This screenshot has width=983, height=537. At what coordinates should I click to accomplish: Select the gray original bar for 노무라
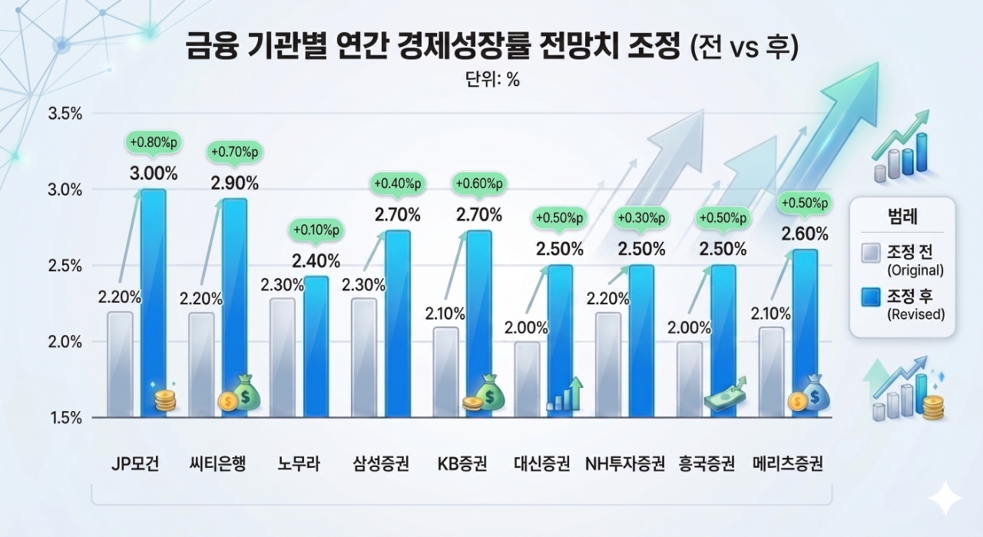click(x=282, y=357)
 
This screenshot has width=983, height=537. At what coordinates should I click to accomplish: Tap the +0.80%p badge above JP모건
click(x=153, y=142)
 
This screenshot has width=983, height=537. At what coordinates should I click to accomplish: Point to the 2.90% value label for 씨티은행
click(x=235, y=183)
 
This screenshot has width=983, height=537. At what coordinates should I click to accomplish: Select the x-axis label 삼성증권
click(x=381, y=464)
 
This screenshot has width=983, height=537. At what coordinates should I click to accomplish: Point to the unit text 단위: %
click(x=492, y=80)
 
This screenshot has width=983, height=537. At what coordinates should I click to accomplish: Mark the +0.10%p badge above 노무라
click(x=316, y=229)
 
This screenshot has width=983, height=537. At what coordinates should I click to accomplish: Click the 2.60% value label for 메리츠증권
click(x=804, y=234)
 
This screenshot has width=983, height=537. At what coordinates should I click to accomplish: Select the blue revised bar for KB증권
click(x=478, y=323)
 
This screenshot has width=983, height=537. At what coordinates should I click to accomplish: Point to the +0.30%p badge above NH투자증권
click(x=641, y=219)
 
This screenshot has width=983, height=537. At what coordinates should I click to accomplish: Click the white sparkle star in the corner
click(x=944, y=499)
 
